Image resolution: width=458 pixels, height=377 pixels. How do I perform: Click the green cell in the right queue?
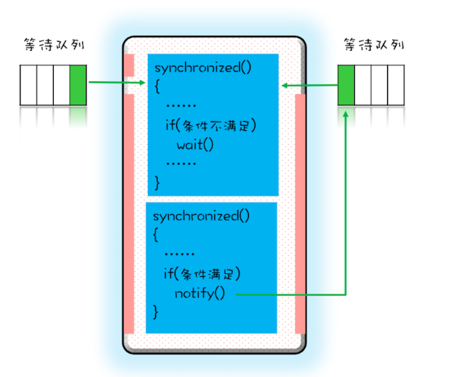[346, 84]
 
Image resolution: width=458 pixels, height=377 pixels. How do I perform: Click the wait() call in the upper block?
[195, 144]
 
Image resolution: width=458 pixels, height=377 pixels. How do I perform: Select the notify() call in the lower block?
[199, 292]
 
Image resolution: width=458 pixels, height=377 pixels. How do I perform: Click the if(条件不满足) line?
[211, 125]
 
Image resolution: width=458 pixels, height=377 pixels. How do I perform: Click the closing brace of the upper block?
[157, 181]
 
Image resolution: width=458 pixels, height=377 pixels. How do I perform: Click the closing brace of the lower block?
[155, 310]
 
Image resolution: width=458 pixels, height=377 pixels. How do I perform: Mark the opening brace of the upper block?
[158, 87]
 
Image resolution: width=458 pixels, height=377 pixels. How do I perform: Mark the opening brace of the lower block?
[155, 235]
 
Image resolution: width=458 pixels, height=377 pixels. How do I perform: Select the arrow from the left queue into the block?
[117, 83]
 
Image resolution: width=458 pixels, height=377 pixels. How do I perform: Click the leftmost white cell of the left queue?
[28, 84]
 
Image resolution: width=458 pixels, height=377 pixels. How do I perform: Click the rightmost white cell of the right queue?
[395, 84]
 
